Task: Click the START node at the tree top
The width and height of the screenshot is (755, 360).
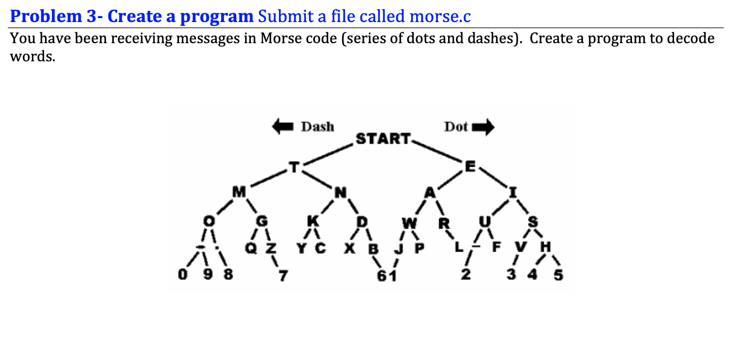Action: (382, 139)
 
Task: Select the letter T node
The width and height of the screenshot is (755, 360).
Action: (294, 168)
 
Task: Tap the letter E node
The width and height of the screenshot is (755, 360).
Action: (470, 167)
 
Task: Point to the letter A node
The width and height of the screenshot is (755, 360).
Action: (430, 193)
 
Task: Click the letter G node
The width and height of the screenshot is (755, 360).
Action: (261, 222)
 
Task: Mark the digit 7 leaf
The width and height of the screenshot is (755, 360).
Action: (282, 276)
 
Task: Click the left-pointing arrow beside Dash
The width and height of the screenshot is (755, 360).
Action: (284, 127)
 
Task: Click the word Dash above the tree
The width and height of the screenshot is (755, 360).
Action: (317, 127)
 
